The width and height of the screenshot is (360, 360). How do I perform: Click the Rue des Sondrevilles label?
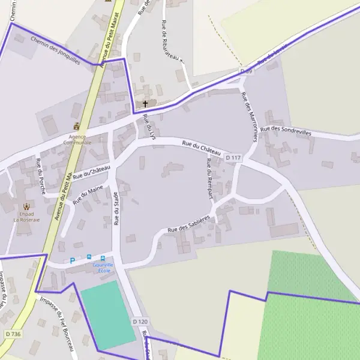coord(286,130)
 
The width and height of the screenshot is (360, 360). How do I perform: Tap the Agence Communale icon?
coord(76,127)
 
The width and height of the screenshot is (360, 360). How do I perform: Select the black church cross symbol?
coord(145,104)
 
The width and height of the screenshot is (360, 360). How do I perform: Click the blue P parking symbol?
coord(73,261)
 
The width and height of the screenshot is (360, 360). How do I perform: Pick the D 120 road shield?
coord(139,322)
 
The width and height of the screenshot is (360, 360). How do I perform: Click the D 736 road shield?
coord(11,334)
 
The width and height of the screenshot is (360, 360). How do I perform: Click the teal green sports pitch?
coord(108,314)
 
